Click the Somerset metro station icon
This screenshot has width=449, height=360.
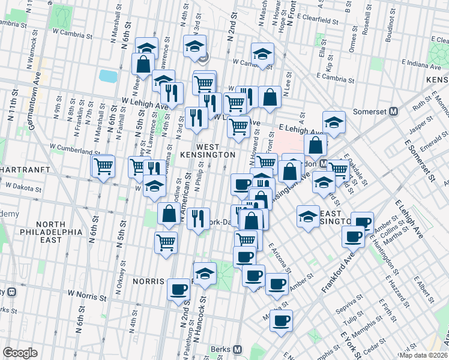pos(394,112)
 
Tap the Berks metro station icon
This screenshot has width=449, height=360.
pos(238,349)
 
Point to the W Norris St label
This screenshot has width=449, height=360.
pos(86,295)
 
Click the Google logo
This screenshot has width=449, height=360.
pos(20,352)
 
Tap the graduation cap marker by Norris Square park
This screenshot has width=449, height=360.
pos(205,274)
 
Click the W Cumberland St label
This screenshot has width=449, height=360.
pos(75,146)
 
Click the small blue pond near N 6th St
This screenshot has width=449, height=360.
pos(108,76)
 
